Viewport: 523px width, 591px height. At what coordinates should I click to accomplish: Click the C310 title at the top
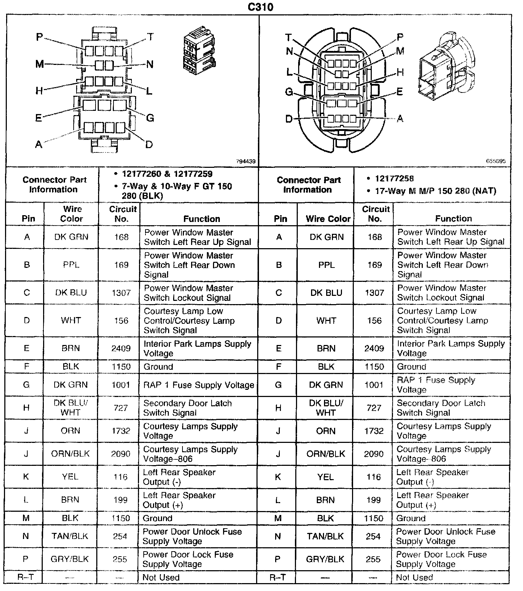click(261, 7)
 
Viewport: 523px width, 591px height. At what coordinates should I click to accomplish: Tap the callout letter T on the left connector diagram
click(150, 37)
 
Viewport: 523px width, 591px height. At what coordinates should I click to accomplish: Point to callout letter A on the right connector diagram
click(400, 119)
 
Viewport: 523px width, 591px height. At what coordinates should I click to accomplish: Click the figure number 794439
click(246, 162)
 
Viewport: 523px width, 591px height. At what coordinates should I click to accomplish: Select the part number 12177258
click(394, 179)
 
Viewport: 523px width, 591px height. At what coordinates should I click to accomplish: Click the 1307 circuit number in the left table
click(121, 293)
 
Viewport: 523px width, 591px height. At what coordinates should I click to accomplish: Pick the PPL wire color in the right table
click(326, 265)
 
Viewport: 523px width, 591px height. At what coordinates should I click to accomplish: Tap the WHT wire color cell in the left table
click(71, 320)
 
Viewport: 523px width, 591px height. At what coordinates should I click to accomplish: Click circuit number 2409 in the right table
click(374, 348)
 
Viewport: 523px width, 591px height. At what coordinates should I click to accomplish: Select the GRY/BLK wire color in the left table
click(70, 559)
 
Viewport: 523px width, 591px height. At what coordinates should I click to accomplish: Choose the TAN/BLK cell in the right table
click(325, 536)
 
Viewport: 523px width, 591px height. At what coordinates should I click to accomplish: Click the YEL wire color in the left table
click(70, 477)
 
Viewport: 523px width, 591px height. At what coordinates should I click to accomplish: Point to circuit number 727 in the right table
click(374, 408)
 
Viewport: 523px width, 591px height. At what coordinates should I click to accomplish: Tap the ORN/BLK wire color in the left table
click(70, 454)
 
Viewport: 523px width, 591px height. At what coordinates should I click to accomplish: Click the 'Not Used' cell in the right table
click(414, 577)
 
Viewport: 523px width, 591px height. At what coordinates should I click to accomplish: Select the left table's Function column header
click(202, 219)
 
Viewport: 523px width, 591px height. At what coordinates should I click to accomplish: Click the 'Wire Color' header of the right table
click(328, 219)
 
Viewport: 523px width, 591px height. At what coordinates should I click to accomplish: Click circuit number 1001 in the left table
click(121, 385)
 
